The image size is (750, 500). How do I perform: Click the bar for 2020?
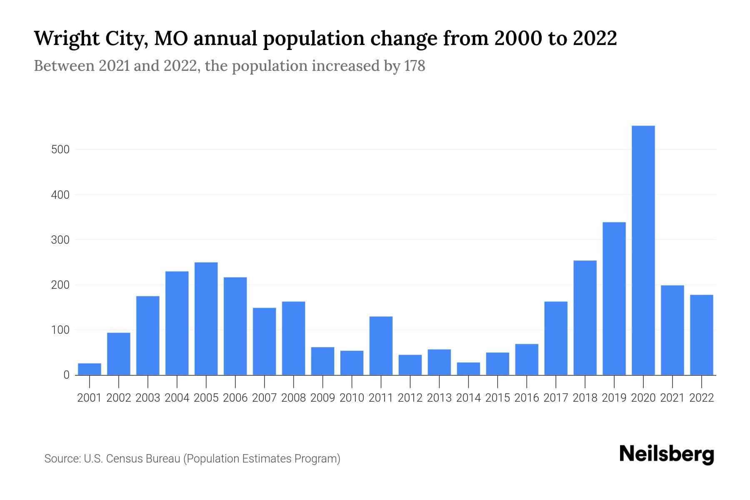[643, 250]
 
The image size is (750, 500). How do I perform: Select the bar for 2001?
[90, 369]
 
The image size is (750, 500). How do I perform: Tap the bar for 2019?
[614, 298]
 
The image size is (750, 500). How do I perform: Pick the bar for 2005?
[206, 318]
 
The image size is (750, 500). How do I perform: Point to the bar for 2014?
[468, 369]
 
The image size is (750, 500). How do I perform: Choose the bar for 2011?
[381, 345]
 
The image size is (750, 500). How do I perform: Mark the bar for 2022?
[701, 335]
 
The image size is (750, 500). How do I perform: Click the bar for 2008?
[293, 338]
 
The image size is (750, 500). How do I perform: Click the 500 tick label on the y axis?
[60, 150]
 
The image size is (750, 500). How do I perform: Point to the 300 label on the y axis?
[60, 240]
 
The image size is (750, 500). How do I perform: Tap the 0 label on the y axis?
[66, 375]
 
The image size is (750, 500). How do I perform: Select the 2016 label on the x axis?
[527, 398]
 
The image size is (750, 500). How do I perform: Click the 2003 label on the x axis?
[148, 398]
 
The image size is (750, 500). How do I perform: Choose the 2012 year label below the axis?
[410, 398]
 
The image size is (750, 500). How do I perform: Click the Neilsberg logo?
[667, 454]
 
